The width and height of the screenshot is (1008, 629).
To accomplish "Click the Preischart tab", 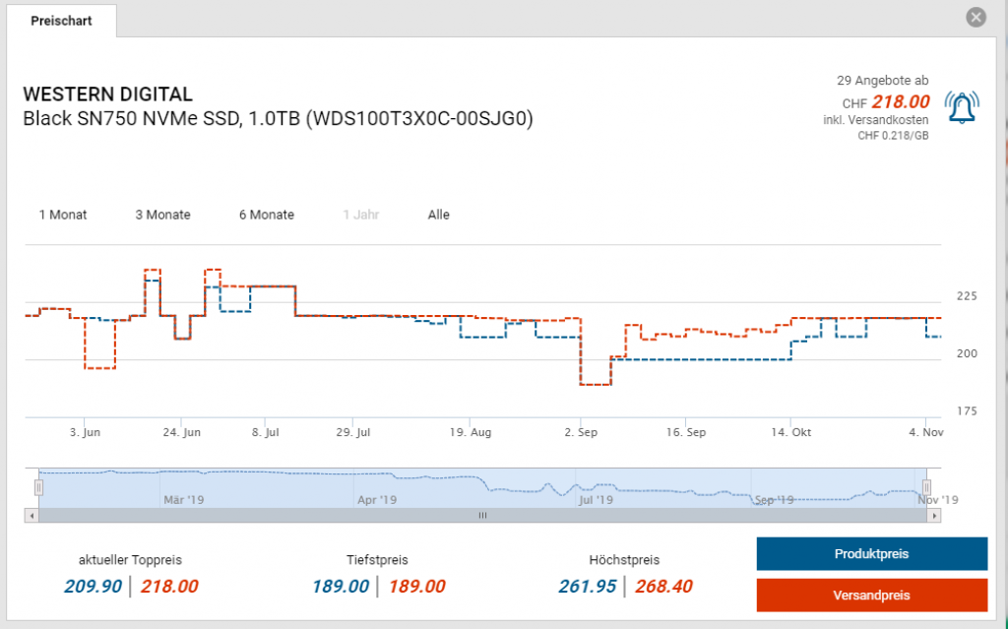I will pyautogui.click(x=61, y=21).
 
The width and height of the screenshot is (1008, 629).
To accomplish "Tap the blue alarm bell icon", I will pyautogui.click(x=962, y=106).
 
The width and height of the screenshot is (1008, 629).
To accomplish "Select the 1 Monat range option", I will pyautogui.click(x=63, y=215).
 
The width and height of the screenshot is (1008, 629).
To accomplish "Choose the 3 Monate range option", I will pyautogui.click(x=162, y=215).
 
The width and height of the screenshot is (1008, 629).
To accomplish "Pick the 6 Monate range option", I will pyautogui.click(x=266, y=215).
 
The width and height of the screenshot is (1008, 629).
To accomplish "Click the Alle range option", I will pyautogui.click(x=438, y=215).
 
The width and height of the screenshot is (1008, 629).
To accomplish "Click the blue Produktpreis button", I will pyautogui.click(x=871, y=554).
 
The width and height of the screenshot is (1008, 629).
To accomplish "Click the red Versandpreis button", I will pyautogui.click(x=871, y=595).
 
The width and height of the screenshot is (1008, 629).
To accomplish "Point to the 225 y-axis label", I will pyautogui.click(x=967, y=296).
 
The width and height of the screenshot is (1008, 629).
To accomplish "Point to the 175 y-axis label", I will pyautogui.click(x=967, y=410).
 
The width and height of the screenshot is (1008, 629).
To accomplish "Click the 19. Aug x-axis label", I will pyautogui.click(x=470, y=432).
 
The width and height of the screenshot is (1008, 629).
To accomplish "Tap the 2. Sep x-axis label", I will pyautogui.click(x=581, y=432).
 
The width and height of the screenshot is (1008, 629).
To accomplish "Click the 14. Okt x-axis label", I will pyautogui.click(x=790, y=432).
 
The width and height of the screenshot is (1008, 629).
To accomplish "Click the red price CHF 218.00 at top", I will pyautogui.click(x=900, y=102).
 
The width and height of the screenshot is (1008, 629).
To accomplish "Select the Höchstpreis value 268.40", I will pyautogui.click(x=662, y=587).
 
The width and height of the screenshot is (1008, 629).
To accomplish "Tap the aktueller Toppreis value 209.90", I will pyautogui.click(x=92, y=587).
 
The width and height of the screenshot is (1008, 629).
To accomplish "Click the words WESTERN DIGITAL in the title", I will pyautogui.click(x=107, y=95).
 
